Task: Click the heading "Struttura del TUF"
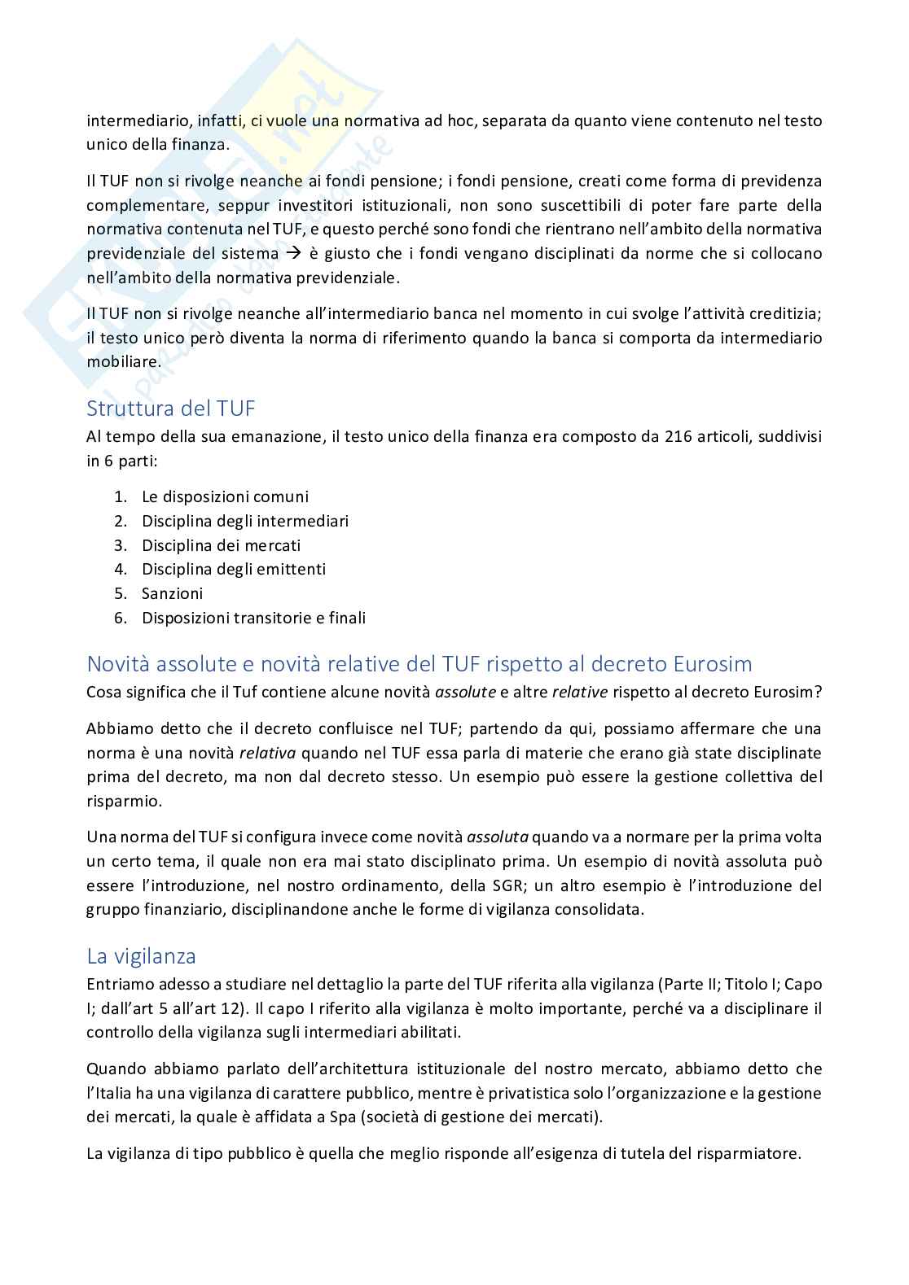point(171,408)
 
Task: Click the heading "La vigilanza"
point(141,955)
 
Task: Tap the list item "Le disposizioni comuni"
point(225,496)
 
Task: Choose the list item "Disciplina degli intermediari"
point(244,521)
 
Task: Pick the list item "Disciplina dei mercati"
point(221,545)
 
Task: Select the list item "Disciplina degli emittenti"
point(233,569)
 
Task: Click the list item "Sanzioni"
point(172,593)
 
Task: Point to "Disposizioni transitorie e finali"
point(253,618)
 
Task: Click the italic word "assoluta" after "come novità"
point(498,837)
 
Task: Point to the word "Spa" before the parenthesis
point(343,1117)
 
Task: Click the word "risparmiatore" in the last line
point(755,1153)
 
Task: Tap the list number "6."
point(121,618)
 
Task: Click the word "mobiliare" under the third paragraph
point(123,361)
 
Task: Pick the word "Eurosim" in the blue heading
point(713,663)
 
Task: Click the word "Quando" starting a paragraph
point(114,1069)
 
